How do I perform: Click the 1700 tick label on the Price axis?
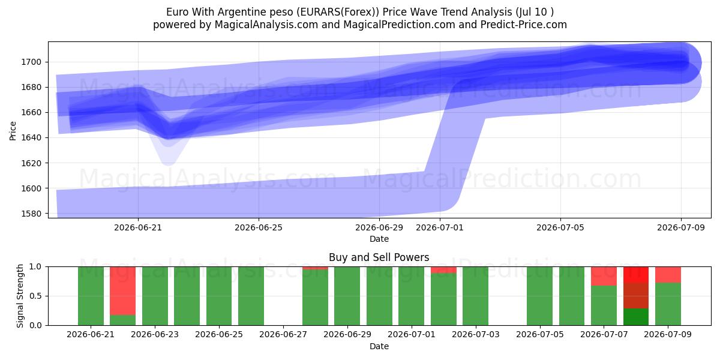31,62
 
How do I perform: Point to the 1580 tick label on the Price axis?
31,214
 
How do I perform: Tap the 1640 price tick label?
31,138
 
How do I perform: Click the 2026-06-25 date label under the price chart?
259,227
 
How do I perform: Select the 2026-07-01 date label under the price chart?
440,227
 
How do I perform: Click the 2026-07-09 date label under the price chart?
681,227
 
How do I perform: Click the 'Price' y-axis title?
13,131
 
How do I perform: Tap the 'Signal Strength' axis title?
20,296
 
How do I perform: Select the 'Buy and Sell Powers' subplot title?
379,257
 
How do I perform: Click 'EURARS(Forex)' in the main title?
337,12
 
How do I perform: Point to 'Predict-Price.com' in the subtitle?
524,25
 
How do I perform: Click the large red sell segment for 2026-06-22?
123,291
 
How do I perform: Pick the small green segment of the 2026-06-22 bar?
123,320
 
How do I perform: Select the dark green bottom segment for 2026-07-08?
636,317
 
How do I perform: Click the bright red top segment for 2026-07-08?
636,275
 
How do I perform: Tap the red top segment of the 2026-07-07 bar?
604,276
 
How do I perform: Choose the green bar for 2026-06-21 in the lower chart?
91,296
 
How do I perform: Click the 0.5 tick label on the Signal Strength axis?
35,296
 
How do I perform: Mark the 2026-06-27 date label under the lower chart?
283,335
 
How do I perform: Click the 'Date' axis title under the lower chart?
379,347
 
